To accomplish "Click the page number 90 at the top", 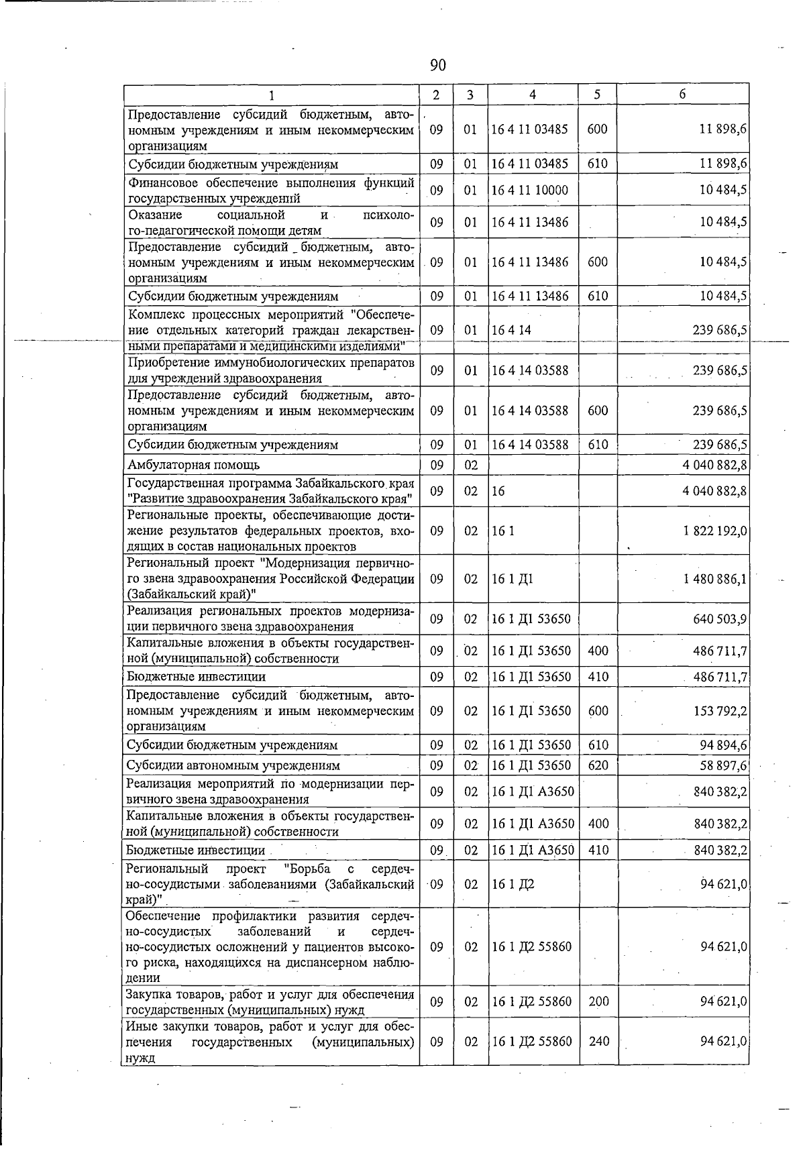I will (437, 65).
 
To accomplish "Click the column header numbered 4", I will (533, 95).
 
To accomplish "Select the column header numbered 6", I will (682, 95).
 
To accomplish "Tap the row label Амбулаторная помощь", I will (194, 465).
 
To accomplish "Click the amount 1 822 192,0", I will (715, 531).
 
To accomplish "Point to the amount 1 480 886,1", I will (715, 579).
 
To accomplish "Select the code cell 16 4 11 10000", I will (529, 190).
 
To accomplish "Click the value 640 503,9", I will (720, 619).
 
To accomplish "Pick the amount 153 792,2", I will (720, 711).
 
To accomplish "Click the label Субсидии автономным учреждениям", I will (233, 765).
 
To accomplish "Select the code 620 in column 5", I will (597, 765).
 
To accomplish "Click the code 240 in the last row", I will (598, 1042).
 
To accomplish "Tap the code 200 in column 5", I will (598, 1002).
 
